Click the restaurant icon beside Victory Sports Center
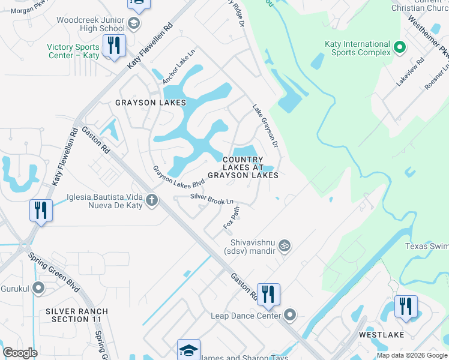[x=112, y=46]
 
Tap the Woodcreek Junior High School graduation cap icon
[x=134, y=24]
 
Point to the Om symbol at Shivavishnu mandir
[x=285, y=245]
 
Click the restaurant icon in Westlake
[x=405, y=306]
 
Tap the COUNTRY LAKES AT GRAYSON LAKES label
[x=243, y=167]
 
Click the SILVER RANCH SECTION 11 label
[x=77, y=315]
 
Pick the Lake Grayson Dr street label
[x=266, y=125]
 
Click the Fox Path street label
[x=232, y=217]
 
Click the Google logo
[x=20, y=353]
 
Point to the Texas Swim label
[x=426, y=246]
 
